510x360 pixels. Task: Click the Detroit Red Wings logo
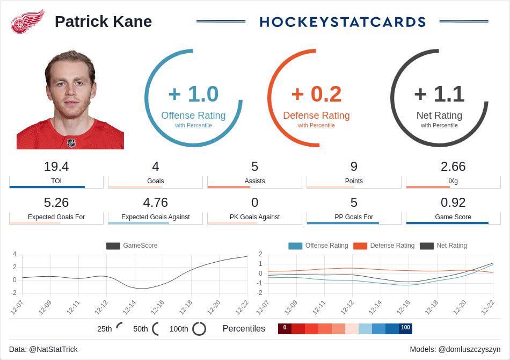28,21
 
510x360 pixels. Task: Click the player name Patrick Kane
103,21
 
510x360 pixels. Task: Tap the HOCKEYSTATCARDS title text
343,21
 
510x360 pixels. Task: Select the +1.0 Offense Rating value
193,94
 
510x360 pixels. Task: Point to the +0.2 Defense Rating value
316,94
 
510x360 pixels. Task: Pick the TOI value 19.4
56,167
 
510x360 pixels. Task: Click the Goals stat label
156,181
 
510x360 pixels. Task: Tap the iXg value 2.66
453,167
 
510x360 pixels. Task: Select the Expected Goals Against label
156,217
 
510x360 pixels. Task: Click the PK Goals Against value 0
254,203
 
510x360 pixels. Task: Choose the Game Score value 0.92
453,203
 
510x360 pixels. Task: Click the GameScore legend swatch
113,246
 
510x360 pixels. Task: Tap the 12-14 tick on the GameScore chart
129,307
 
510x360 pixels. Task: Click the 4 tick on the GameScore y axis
14,254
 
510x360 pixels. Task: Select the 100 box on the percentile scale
405,328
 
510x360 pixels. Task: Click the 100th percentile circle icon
199,328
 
